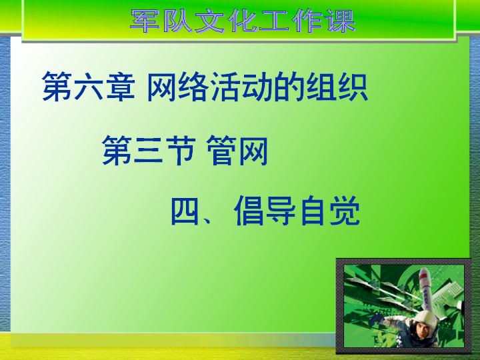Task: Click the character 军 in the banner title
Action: tap(145, 21)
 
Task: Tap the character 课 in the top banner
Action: tap(341, 21)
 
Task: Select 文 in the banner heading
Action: tap(210, 21)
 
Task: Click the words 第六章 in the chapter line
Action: tap(89, 87)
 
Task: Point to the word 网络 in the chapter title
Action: tap(178, 87)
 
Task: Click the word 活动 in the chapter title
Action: tap(241, 87)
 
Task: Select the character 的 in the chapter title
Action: tap(289, 87)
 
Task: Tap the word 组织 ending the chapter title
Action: tap(337, 87)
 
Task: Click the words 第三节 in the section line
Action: tap(149, 151)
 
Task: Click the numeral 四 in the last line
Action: tap(185, 211)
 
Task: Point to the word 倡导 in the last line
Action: tap(265, 211)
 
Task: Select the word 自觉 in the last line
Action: tap(329, 211)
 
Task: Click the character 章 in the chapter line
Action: tap(120, 87)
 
